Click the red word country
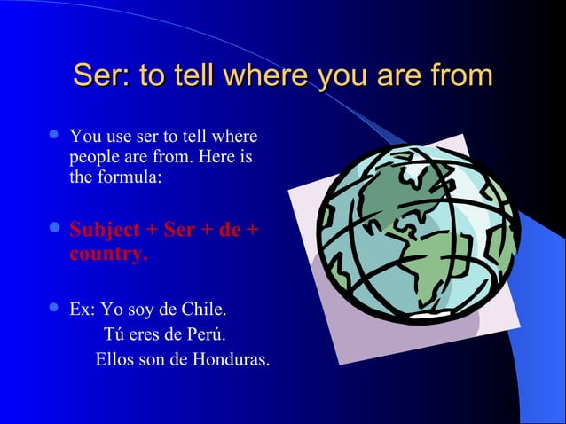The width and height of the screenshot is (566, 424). (x=107, y=255)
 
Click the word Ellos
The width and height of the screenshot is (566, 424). (x=115, y=360)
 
